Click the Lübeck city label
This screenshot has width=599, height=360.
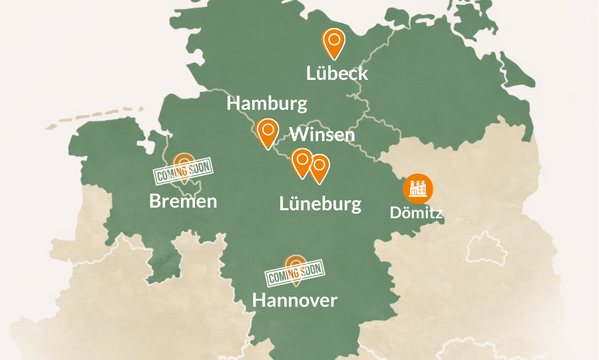337,73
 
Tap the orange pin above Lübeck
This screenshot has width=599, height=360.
334,42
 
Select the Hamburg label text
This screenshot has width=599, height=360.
267,104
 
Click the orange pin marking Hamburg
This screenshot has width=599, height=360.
268,132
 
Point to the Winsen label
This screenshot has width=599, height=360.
322,135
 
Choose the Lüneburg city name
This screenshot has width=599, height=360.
320,204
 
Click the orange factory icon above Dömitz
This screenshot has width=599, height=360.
418,188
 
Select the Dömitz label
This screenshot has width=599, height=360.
416,214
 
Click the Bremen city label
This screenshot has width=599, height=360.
183,201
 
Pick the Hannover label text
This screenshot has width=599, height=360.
294,300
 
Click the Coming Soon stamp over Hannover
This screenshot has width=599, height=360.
294,272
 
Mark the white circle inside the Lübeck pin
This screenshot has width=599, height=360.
334,39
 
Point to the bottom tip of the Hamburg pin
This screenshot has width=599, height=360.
268,148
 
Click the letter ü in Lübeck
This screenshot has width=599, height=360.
322,73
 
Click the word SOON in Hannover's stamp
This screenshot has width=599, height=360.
310,270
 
